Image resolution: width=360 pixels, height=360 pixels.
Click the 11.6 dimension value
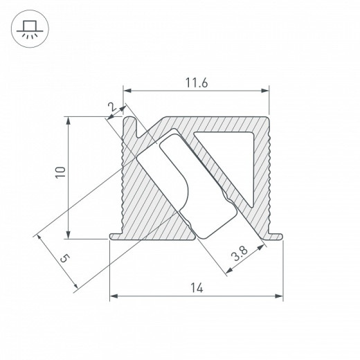pos(196,82)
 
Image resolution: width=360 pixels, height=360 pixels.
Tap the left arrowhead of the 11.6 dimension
pos(127,90)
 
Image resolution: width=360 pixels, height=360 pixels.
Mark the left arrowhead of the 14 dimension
pos(114,298)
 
